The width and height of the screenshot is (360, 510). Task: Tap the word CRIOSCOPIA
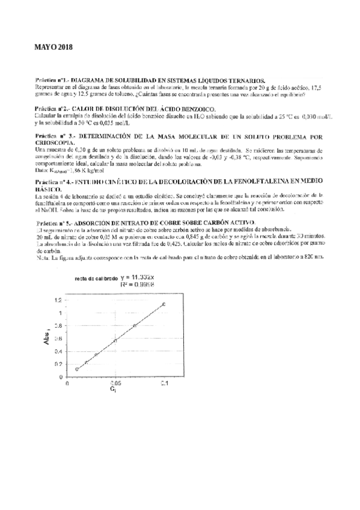58,142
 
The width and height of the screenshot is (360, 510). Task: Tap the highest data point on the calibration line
163,304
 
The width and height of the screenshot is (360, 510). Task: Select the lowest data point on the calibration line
77,369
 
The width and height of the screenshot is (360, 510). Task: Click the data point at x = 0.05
115,341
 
